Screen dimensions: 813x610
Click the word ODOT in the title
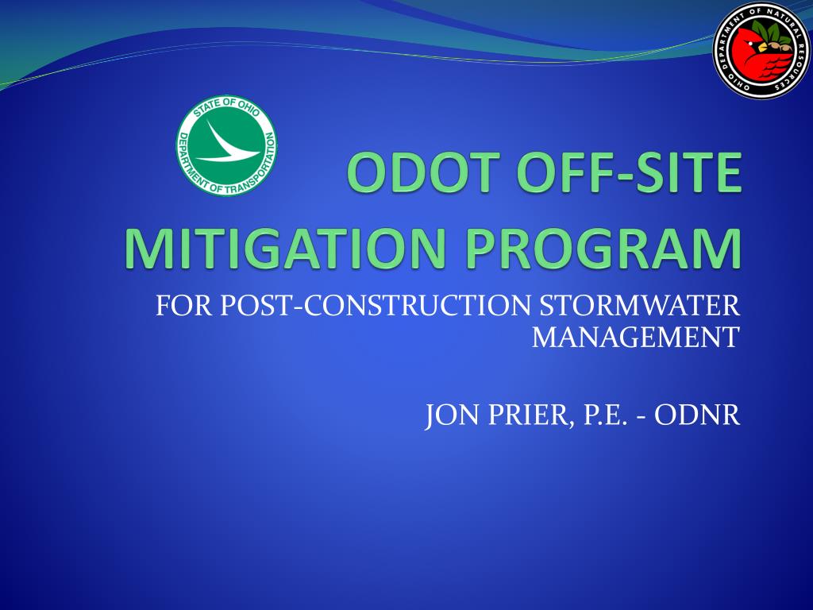pos(419,172)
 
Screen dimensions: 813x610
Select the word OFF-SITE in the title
pos(629,172)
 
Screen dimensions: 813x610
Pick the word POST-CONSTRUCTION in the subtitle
pos(376,306)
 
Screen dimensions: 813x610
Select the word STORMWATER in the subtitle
pos(640,306)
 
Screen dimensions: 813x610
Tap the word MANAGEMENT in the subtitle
pos(636,337)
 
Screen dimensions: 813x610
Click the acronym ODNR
pos(697,415)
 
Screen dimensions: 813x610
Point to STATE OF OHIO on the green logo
pos(226,106)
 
